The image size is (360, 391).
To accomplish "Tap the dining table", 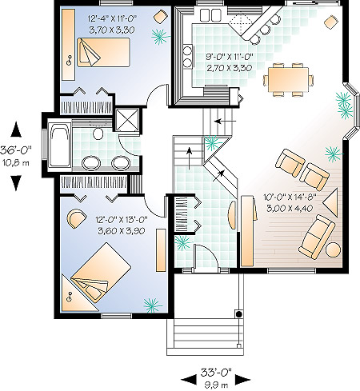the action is pos(288,79).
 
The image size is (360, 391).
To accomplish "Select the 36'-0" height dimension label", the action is pos(16,150).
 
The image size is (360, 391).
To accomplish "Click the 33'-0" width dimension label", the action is pos(216,372).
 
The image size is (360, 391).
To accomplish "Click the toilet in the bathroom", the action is pos(98,133).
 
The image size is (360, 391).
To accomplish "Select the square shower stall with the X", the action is pos(127,120).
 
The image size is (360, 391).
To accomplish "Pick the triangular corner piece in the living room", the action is pos(331,202).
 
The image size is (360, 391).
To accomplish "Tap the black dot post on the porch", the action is pos(238,314).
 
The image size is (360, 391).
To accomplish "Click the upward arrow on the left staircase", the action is pos(190,158).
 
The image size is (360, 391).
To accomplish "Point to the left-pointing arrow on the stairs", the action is pos(226,122).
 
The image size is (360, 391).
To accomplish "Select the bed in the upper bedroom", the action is pos(103,52).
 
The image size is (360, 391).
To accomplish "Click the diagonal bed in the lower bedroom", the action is pos(101,273).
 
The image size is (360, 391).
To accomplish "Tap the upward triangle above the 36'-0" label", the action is pos(16,129).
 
